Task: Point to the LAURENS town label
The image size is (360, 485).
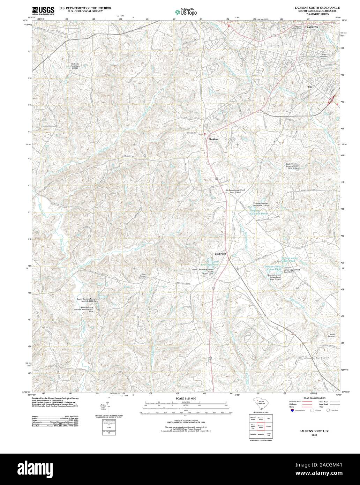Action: [312, 27]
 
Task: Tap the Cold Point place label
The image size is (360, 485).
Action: [220, 254]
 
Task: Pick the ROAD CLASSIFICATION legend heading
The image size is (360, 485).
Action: [315, 398]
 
